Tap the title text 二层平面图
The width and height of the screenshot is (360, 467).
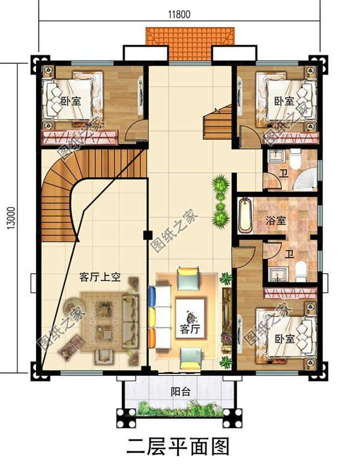click(179, 447)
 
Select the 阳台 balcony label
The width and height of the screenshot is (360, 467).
click(179, 391)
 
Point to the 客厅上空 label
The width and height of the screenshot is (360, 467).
click(100, 277)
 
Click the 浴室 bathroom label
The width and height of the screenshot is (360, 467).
click(275, 220)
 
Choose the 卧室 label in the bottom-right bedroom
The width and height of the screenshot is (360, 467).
click(284, 339)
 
